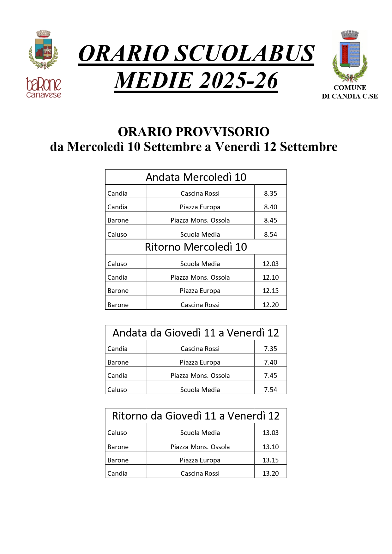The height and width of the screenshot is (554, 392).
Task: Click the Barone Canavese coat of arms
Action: [x=43, y=50]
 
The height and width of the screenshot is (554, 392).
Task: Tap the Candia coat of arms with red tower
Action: [x=350, y=55]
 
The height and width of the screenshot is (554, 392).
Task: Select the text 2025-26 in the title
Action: [x=238, y=80]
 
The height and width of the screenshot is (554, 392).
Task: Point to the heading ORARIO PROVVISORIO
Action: [x=194, y=132]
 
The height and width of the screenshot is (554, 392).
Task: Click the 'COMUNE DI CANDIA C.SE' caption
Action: [x=350, y=92]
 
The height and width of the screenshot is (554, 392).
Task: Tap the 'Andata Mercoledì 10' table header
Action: [x=196, y=177]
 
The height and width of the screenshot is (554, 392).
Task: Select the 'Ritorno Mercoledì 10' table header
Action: [x=196, y=247]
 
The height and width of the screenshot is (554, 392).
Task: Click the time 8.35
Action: [x=270, y=194]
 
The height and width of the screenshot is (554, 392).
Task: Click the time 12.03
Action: [x=270, y=264]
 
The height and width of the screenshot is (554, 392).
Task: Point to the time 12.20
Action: [x=270, y=305]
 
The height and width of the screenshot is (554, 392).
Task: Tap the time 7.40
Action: [x=270, y=362]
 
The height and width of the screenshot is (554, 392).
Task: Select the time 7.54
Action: [x=270, y=390]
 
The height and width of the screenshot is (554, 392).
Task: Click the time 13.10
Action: [x=270, y=447]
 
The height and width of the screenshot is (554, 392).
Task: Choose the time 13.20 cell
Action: [x=270, y=474]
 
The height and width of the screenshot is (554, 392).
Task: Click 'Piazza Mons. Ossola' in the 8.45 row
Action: [x=200, y=220]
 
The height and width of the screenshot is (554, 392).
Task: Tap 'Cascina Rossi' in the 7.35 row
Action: [x=200, y=349]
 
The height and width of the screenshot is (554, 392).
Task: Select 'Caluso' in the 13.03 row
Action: [x=117, y=433]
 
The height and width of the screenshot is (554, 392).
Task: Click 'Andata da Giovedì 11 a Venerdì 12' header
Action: [x=196, y=333]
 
